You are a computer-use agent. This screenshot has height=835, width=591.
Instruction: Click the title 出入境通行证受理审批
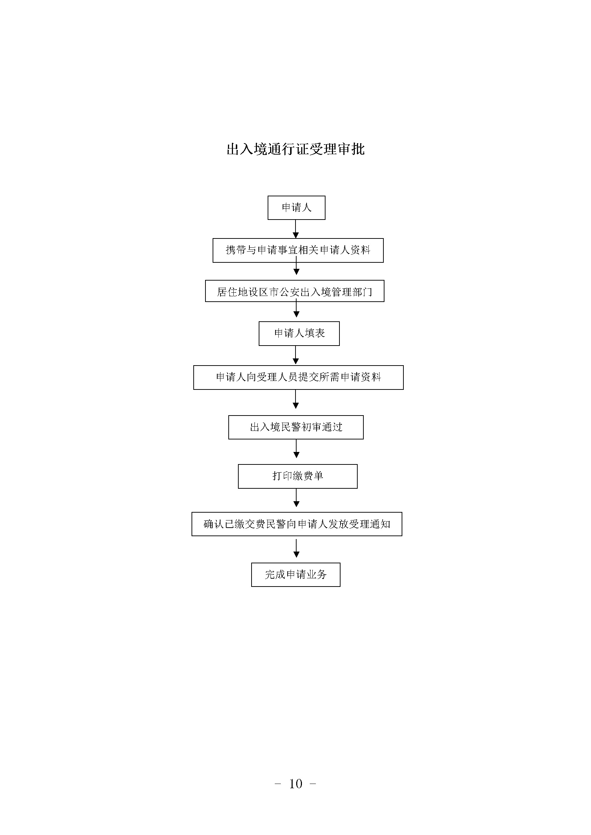295,149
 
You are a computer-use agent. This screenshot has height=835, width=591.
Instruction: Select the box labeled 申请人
296,208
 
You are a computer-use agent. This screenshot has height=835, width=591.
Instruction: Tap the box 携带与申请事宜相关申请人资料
298,250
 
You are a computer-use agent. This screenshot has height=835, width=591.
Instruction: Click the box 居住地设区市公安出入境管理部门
295,291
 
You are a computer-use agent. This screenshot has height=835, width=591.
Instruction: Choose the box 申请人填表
299,333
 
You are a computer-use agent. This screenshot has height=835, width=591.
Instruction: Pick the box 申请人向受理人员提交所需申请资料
298,377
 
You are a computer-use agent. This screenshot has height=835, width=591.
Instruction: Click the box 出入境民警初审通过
296,427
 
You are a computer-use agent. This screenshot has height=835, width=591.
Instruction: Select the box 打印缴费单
298,477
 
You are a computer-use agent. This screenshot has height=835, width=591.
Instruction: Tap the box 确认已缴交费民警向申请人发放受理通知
297,524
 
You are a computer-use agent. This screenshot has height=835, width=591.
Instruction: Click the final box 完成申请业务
296,575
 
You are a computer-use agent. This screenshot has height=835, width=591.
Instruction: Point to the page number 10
295,784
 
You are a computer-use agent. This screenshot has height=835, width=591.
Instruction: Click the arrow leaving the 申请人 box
295,229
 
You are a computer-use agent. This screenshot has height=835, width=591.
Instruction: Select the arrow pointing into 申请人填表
296,310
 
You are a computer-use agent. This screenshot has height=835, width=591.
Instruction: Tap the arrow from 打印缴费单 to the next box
296,498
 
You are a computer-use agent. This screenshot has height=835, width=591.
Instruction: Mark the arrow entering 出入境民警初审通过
296,399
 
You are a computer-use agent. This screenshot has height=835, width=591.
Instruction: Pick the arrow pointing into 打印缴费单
296,449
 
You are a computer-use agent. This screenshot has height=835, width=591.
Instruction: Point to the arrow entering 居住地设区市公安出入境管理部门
296,266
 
